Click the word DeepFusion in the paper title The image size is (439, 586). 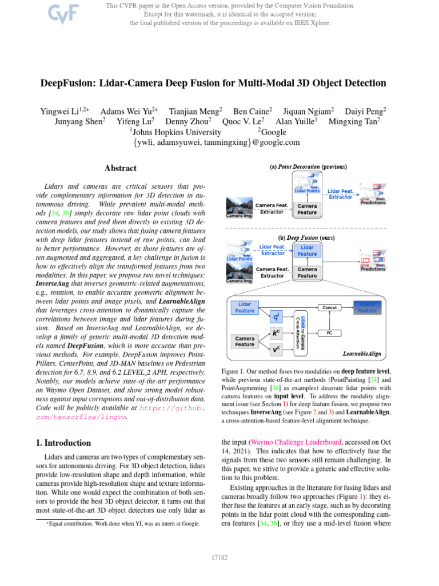[x=67, y=83]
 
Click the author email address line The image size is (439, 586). [x=219, y=142]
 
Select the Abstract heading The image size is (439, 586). [x=121, y=168]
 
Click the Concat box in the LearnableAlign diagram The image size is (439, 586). [x=329, y=307]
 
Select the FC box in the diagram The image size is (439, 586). [x=329, y=332]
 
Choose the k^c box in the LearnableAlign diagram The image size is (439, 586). [x=276, y=332]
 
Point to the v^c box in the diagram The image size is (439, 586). [x=276, y=349]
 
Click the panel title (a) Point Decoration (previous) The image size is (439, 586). [x=308, y=167]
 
